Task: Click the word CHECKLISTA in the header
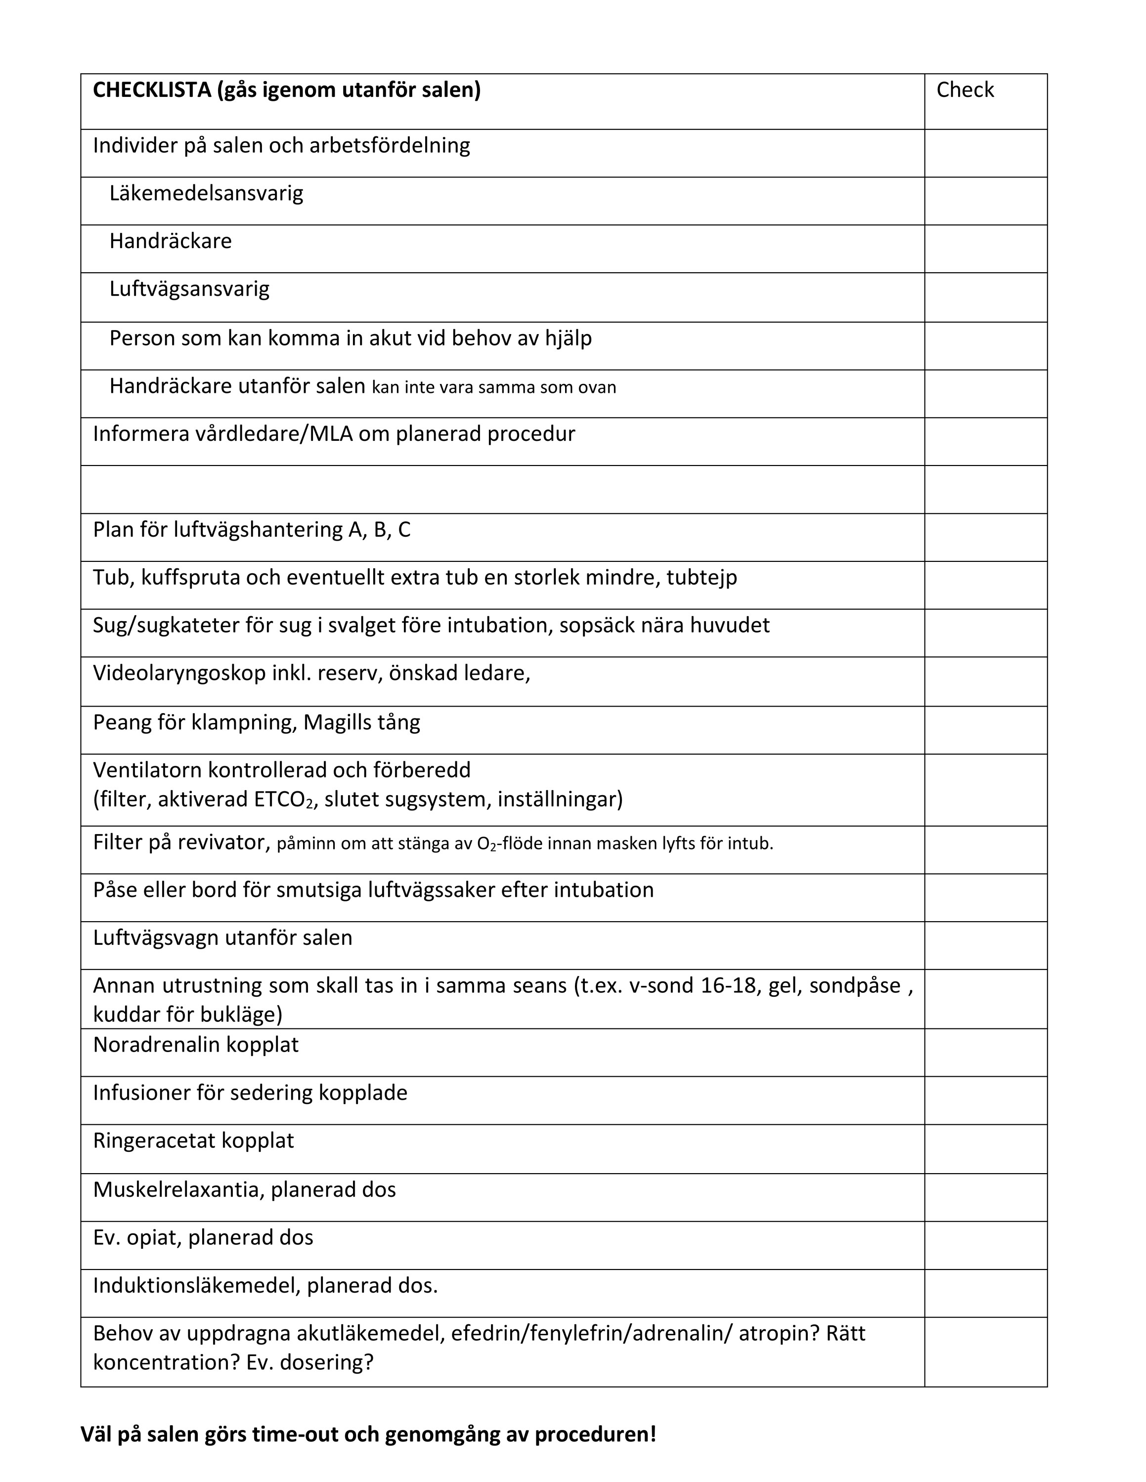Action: tap(151, 89)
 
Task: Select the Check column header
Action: tap(964, 89)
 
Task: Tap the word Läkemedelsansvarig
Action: tap(206, 193)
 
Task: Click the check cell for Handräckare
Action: tap(985, 249)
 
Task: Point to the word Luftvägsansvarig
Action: tap(189, 289)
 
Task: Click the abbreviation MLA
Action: tap(331, 433)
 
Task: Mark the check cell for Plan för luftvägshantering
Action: tap(985, 538)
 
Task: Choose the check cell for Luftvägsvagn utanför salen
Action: tap(985, 945)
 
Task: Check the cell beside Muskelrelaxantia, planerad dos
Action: tap(985, 1198)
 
